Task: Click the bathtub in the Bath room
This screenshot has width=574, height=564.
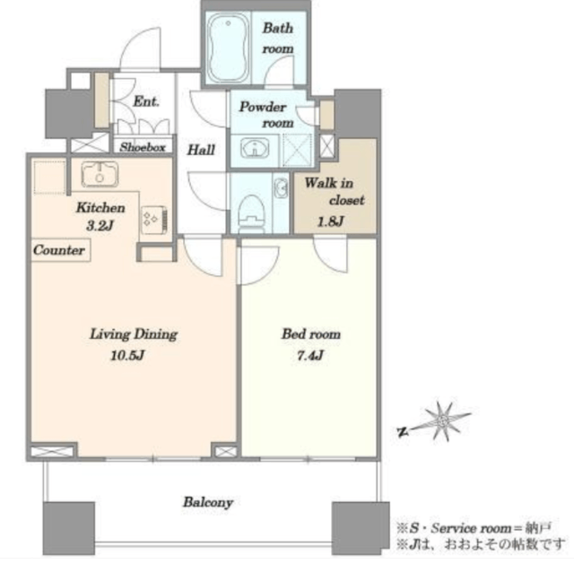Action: coord(228,48)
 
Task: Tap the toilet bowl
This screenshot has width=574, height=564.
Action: coord(252,213)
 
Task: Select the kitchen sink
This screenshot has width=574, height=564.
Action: coord(100,174)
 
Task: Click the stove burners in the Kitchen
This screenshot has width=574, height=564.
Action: coord(154,220)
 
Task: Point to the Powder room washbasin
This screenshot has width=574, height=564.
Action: coord(255,148)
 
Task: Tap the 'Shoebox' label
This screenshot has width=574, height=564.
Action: coord(143,147)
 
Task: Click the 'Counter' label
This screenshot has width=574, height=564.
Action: coord(59,250)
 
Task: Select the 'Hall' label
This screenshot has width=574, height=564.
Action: coord(201,150)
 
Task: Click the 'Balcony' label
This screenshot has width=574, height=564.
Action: coord(208,502)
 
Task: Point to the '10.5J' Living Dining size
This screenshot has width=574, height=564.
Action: coord(127,355)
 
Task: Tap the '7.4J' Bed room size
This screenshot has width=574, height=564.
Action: coord(310,355)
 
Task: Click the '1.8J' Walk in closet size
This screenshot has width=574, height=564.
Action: coord(331,221)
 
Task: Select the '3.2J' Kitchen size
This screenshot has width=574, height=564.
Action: coord(100,226)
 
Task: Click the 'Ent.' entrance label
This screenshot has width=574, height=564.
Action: coord(146,101)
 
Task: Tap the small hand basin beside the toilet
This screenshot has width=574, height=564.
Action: coord(281,187)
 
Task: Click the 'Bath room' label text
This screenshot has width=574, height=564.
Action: coord(278,38)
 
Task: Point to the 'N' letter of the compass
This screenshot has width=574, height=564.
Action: coord(403,432)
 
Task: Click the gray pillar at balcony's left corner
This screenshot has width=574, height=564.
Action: coord(69,528)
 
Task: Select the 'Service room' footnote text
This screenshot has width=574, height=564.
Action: coord(471,528)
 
